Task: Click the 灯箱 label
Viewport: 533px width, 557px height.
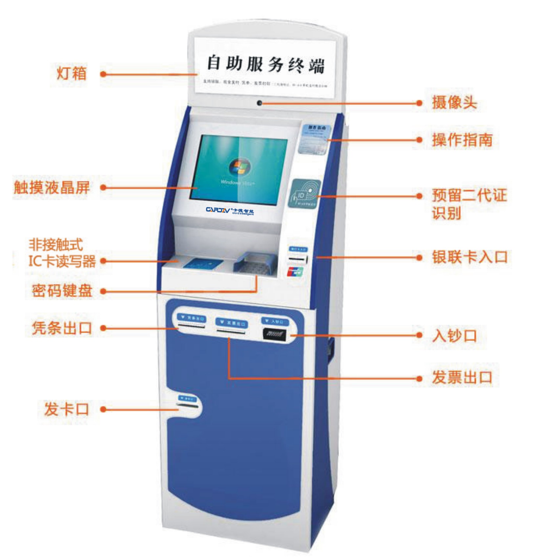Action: pyautogui.click(x=72, y=73)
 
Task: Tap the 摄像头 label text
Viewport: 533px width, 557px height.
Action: pyautogui.click(x=454, y=103)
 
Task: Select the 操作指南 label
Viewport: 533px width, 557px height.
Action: pyautogui.click(x=462, y=140)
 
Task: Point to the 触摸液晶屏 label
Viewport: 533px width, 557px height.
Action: pyautogui.click(x=52, y=187)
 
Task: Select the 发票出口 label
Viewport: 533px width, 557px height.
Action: pyautogui.click(x=462, y=377)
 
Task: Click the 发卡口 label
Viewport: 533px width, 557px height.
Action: pyautogui.click(x=67, y=409)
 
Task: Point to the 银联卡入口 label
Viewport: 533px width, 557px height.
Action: pyautogui.click(x=470, y=257)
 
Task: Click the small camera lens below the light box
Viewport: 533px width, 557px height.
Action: pyautogui.click(x=259, y=103)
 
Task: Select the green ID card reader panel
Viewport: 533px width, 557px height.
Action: pyautogui.click(x=304, y=194)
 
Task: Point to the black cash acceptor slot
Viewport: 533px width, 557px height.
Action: pyautogui.click(x=275, y=335)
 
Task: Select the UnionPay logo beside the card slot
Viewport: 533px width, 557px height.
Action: pyautogui.click(x=295, y=272)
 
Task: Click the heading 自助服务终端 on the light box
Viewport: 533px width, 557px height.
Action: pyautogui.click(x=265, y=64)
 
